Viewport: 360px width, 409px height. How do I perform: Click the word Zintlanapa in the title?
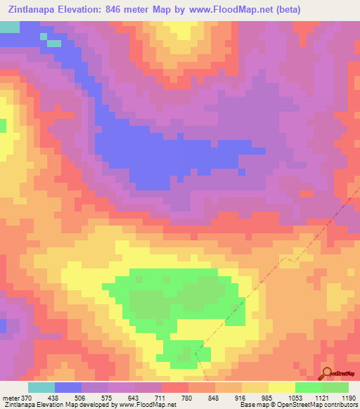(x=37, y=10)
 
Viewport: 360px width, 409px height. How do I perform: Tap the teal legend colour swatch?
(x=41, y=387)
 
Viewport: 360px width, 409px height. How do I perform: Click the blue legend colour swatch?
(x=68, y=387)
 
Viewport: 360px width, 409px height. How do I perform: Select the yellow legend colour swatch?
(x=281, y=387)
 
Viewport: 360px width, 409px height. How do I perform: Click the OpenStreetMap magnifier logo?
(x=328, y=374)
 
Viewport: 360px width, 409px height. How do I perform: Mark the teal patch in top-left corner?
(x=9, y=27)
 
